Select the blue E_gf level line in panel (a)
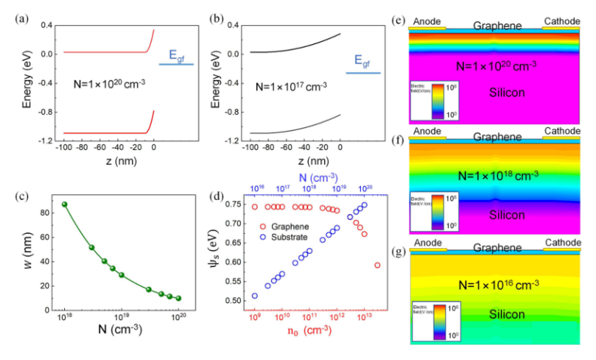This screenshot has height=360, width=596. click(x=176, y=64)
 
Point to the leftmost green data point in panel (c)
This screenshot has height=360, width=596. click(x=65, y=204)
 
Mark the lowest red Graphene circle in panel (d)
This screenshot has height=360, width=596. click(x=377, y=265)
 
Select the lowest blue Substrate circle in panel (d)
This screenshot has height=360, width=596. click(x=255, y=296)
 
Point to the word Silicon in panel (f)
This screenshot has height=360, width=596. click(x=496, y=214)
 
